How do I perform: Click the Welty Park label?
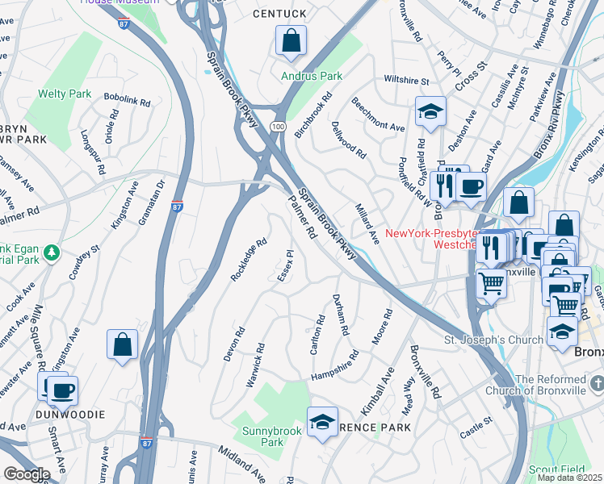coord(69,94)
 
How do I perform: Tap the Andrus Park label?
coord(312,77)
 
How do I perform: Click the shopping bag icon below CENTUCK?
coord(290,40)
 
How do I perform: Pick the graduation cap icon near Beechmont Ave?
coord(430,112)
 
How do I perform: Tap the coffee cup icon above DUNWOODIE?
coord(62,391)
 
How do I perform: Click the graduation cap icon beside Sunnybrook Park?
coord(322,422)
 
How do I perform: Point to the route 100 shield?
coord(277,127)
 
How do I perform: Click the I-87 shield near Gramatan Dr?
coord(177,207)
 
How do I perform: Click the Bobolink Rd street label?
coord(128,101)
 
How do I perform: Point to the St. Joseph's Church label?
coord(494,340)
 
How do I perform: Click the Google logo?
coord(26,474)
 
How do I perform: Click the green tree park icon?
coord(52,253)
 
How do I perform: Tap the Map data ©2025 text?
coord(568,478)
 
